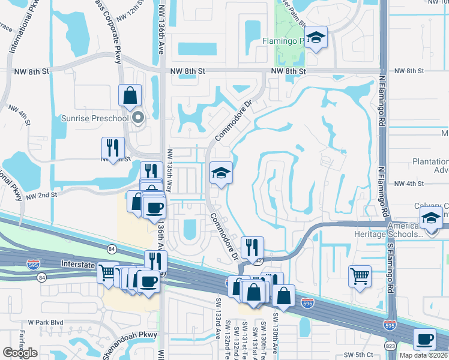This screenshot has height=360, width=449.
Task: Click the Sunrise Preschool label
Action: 95,118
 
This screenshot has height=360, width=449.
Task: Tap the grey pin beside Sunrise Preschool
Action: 139,118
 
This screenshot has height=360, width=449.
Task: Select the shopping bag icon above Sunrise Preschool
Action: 130,96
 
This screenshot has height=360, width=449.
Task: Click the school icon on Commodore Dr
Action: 221,173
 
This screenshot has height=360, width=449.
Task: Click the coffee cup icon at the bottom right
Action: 425,340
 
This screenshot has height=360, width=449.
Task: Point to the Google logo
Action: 20,353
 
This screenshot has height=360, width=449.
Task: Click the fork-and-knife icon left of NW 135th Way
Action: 113,147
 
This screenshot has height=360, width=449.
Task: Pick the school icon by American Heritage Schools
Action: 431,218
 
